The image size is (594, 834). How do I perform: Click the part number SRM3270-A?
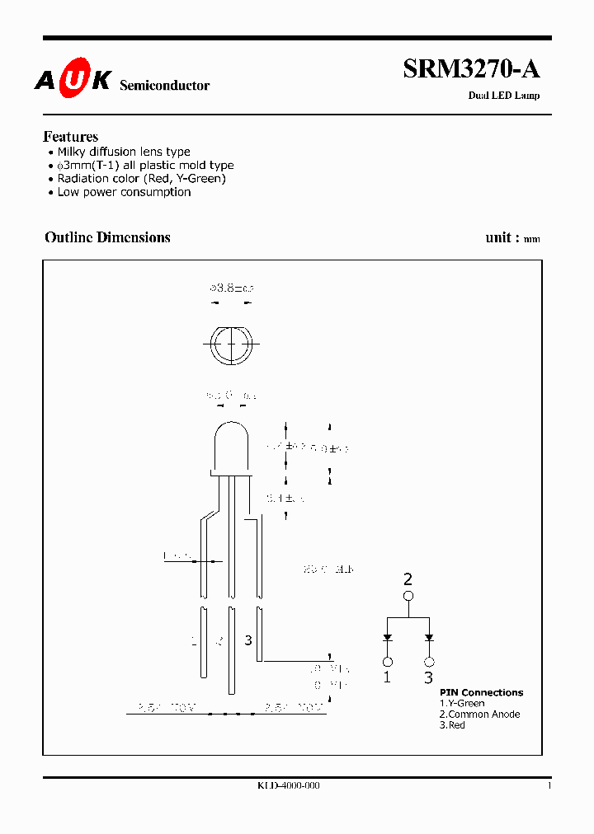pos(471,70)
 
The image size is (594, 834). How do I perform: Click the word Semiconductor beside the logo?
pos(165,86)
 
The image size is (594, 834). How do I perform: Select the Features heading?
pos(70,137)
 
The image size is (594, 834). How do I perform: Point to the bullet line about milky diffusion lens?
pos(124,152)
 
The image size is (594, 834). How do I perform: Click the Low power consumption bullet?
pos(124,192)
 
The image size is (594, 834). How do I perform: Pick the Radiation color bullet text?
pos(141,178)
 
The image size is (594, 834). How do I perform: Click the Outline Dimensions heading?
pos(107,237)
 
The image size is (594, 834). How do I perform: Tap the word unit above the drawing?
pos(498,237)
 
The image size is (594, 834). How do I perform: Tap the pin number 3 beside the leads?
pos(247,640)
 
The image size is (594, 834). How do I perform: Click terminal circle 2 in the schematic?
pos(408,595)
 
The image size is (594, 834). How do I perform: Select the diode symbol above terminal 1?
pos(386,637)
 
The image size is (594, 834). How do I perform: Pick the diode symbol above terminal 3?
pos(429,637)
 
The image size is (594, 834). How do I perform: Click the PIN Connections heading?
pos(481,692)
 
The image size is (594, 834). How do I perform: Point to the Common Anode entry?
pos(479,715)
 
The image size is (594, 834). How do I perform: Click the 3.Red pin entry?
pos(452,725)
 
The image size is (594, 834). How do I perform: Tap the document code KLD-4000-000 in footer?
pos(289,786)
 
